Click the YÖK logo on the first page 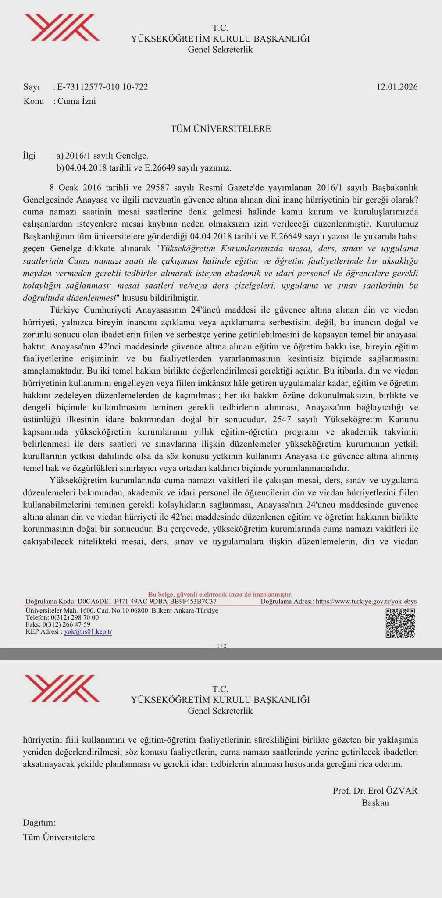click(61, 28)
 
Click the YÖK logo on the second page click(61, 688)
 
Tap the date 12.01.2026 click(397, 87)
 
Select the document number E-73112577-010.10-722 click(103, 87)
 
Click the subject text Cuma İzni click(77, 101)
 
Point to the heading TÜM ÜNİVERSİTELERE click(221, 129)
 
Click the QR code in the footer click(400, 623)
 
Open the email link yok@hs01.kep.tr click(88, 632)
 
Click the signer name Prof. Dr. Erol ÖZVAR click(375, 791)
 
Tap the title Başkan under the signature click(375, 803)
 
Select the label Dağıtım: click(39, 823)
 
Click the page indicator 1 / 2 click(221, 645)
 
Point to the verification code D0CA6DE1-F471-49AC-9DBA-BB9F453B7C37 click(146, 602)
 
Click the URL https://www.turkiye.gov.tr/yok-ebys click(366, 602)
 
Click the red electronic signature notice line click(220, 594)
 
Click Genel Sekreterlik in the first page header click(220, 50)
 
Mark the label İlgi click(29, 156)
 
